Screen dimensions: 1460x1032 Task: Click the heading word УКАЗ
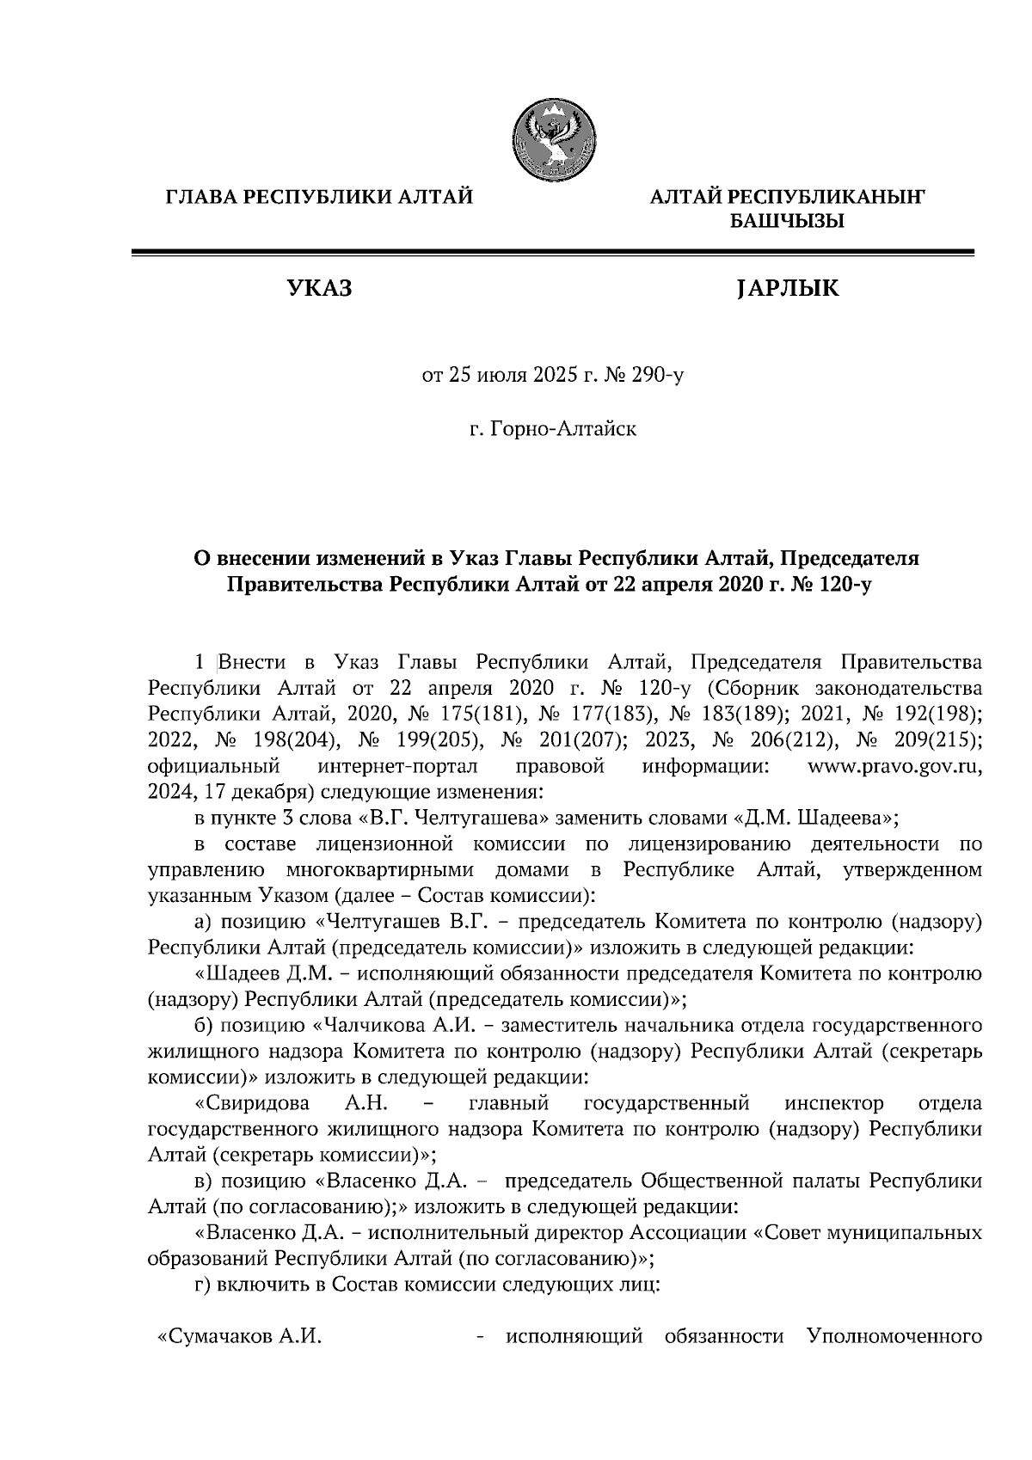coord(319,289)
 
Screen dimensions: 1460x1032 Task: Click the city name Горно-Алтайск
coord(552,427)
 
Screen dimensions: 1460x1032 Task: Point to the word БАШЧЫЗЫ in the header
coord(787,222)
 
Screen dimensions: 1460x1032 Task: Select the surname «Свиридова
coord(249,1102)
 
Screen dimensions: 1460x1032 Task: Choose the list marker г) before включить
coord(204,1285)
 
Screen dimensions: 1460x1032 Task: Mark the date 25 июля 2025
coord(509,376)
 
